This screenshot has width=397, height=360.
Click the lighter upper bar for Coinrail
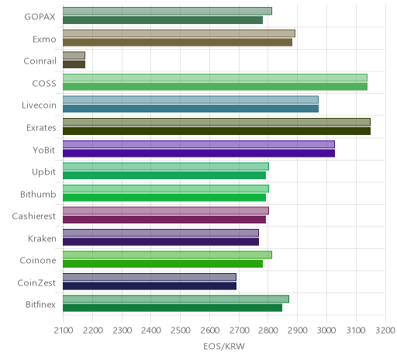[x=74, y=56]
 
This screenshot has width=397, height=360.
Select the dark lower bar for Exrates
[x=216, y=131]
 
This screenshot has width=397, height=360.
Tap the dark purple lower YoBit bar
[x=198, y=154]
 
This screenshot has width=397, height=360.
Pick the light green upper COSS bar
[x=215, y=78]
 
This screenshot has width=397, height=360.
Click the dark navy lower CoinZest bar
[x=150, y=286]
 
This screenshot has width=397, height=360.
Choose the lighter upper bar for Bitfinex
[x=176, y=299]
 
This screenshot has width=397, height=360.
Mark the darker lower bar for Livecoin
[x=191, y=109]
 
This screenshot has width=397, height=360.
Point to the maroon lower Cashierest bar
[x=164, y=220]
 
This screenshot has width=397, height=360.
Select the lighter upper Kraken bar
[x=161, y=233]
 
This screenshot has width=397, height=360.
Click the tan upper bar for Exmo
[x=179, y=33]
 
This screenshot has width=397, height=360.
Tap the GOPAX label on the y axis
[x=40, y=17]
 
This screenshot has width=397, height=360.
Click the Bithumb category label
[x=38, y=194]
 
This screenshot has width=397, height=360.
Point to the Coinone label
[x=38, y=261]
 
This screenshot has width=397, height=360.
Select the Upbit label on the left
[x=43, y=172]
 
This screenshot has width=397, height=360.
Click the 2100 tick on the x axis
[x=64, y=331]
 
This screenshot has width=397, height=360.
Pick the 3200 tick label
[x=385, y=331]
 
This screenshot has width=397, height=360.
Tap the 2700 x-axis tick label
[x=239, y=331]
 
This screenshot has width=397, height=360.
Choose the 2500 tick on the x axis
[x=181, y=331]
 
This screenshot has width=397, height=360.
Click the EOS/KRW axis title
[x=224, y=347]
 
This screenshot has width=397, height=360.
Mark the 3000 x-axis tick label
[x=326, y=331]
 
